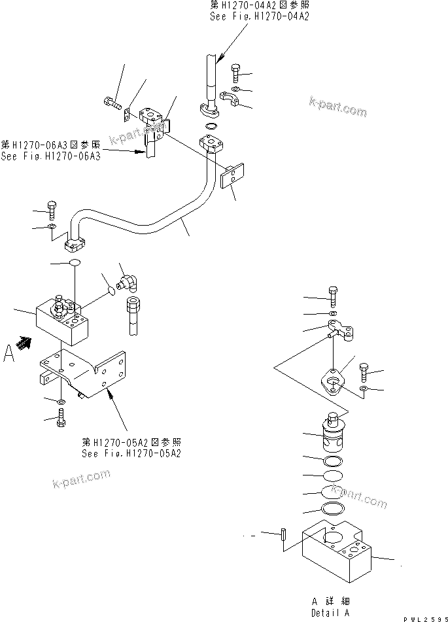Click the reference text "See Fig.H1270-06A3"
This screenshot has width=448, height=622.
pyautogui.click(x=50, y=156)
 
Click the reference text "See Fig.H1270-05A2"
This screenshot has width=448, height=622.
pyautogui.click(x=131, y=453)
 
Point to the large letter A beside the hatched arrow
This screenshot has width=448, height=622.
pyautogui.click(x=9, y=354)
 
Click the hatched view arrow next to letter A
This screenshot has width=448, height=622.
pyautogui.click(x=25, y=342)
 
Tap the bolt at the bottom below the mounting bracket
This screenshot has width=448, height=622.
pyautogui.click(x=61, y=417)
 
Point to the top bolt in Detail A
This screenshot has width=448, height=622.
pyautogui.click(x=333, y=298)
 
